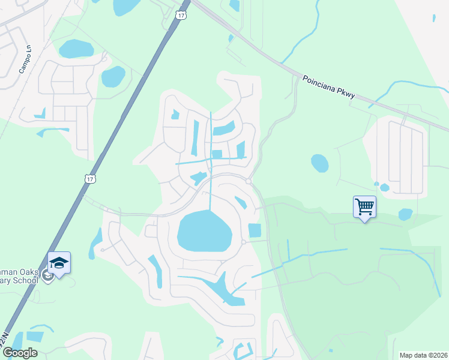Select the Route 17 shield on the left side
[89, 179]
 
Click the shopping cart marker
[364, 208]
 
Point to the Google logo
[19, 353]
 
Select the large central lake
[204, 231]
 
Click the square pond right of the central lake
[255, 230]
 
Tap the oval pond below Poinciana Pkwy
[319, 163]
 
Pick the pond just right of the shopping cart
[405, 214]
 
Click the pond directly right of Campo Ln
[76, 48]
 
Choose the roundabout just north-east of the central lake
[248, 181]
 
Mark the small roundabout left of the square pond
[243, 242]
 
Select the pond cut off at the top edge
[127, 6]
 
